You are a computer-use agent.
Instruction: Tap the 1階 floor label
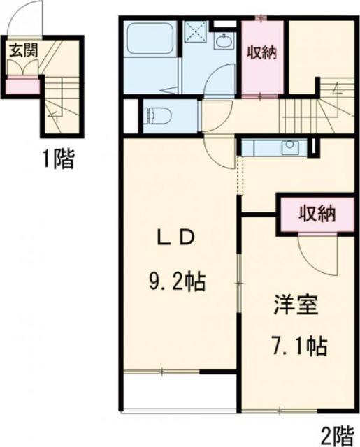point(55,159)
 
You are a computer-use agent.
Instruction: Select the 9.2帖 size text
point(175,282)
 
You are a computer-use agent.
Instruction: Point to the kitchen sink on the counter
point(289,147)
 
